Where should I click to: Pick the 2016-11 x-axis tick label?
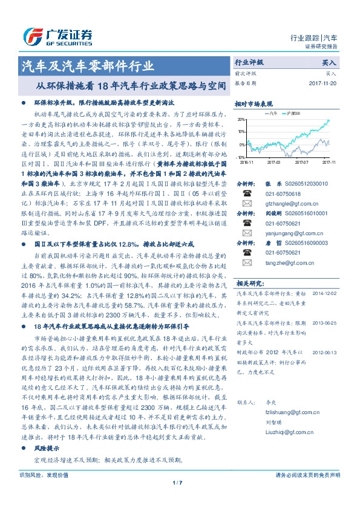pos(247,161)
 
